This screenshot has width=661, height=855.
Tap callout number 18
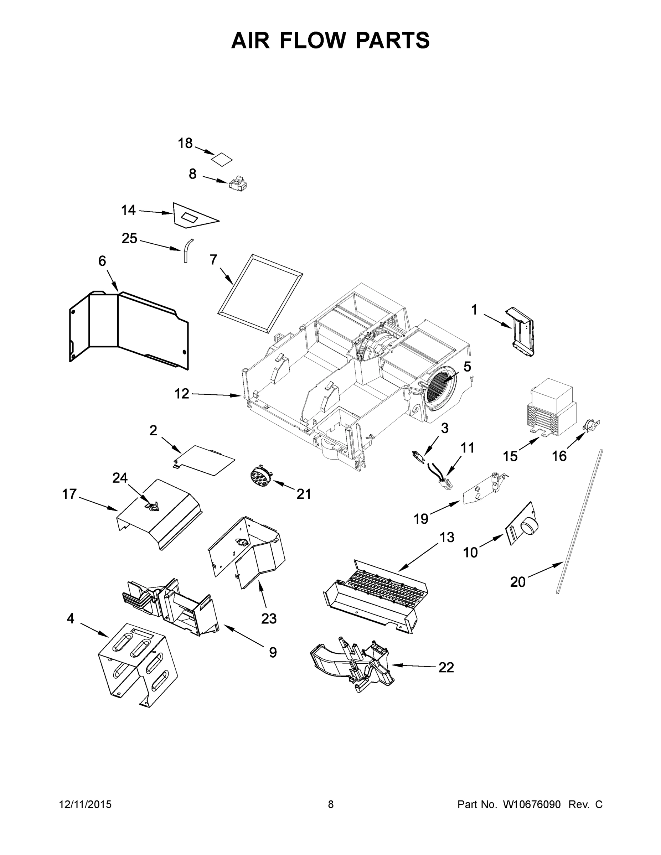point(185,143)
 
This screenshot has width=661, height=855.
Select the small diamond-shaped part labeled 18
point(222,159)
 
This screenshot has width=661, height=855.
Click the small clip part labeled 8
point(238,183)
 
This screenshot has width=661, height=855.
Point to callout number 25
point(129,238)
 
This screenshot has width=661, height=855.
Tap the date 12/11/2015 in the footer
point(86,804)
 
